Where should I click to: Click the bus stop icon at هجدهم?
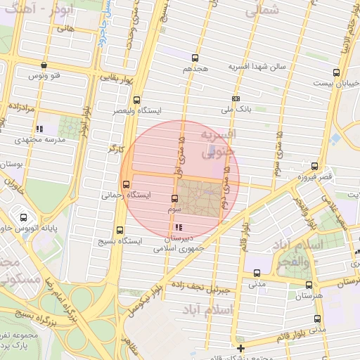[x=195, y=58]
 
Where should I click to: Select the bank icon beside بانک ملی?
[x=236, y=99]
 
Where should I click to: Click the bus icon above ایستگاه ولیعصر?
[x=136, y=100]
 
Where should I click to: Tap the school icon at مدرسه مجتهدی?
[x=39, y=129]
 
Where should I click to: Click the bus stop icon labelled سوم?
[x=175, y=199]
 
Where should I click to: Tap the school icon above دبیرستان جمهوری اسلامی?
[x=178, y=227]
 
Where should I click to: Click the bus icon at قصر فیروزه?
[x=314, y=167]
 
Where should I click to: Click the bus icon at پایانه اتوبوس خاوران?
[x=25, y=218]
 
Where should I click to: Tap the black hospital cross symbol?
[x=241, y=348]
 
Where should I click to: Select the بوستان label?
[x=13, y=163]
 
